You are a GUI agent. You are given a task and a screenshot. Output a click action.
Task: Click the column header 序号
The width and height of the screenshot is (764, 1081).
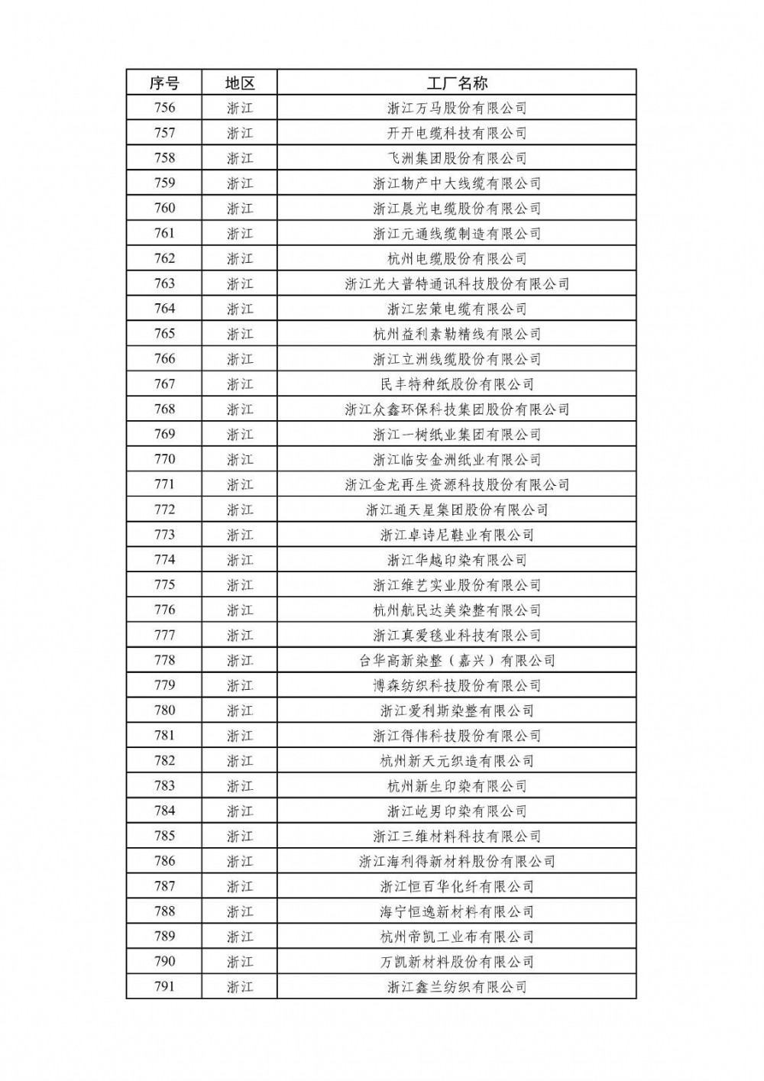pos(164,83)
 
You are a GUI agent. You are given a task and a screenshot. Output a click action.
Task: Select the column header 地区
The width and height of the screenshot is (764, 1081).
pos(239,83)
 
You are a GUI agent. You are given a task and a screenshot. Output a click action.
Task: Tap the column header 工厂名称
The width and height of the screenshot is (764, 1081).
pos(457,83)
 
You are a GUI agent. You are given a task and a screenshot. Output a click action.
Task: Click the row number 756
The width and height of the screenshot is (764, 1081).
pos(164,108)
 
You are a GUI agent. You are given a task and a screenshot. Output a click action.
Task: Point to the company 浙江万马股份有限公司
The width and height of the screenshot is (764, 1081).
pos(457,108)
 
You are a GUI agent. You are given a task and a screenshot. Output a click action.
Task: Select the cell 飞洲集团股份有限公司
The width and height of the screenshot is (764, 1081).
pos(457,158)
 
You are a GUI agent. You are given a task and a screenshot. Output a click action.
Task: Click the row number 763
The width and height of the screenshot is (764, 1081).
pos(164,283)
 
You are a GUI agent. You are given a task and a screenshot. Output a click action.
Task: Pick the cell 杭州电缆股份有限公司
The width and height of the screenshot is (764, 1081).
pos(457,258)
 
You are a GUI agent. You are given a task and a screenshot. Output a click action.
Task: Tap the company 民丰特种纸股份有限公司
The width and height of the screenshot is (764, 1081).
pos(457,384)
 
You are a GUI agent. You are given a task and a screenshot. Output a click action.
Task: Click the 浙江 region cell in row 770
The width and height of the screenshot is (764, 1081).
pos(239,459)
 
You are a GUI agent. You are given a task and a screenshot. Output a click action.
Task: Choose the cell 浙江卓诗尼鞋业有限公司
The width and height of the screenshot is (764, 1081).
pos(457,535)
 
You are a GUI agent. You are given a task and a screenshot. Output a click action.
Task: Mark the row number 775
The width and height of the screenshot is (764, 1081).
pos(164,585)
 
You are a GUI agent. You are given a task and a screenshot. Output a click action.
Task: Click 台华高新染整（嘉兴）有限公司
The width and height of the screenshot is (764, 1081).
pos(457,660)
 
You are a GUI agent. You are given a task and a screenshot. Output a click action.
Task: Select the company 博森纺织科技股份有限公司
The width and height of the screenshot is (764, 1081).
pos(457,685)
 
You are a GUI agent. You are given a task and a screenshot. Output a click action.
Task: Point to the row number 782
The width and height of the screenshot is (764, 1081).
pos(164,761)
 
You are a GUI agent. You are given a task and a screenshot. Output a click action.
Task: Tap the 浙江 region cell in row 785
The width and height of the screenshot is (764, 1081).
pos(239,836)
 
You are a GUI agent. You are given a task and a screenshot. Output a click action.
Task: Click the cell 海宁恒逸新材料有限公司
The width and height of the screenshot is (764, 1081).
pos(457,911)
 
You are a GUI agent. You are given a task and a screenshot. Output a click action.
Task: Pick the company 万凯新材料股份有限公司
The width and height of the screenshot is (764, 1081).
pos(457,962)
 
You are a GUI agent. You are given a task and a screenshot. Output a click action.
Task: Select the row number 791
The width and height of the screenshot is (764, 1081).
pos(164,986)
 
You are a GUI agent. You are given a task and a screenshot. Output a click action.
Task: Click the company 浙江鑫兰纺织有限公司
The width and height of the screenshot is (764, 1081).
pos(457,986)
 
